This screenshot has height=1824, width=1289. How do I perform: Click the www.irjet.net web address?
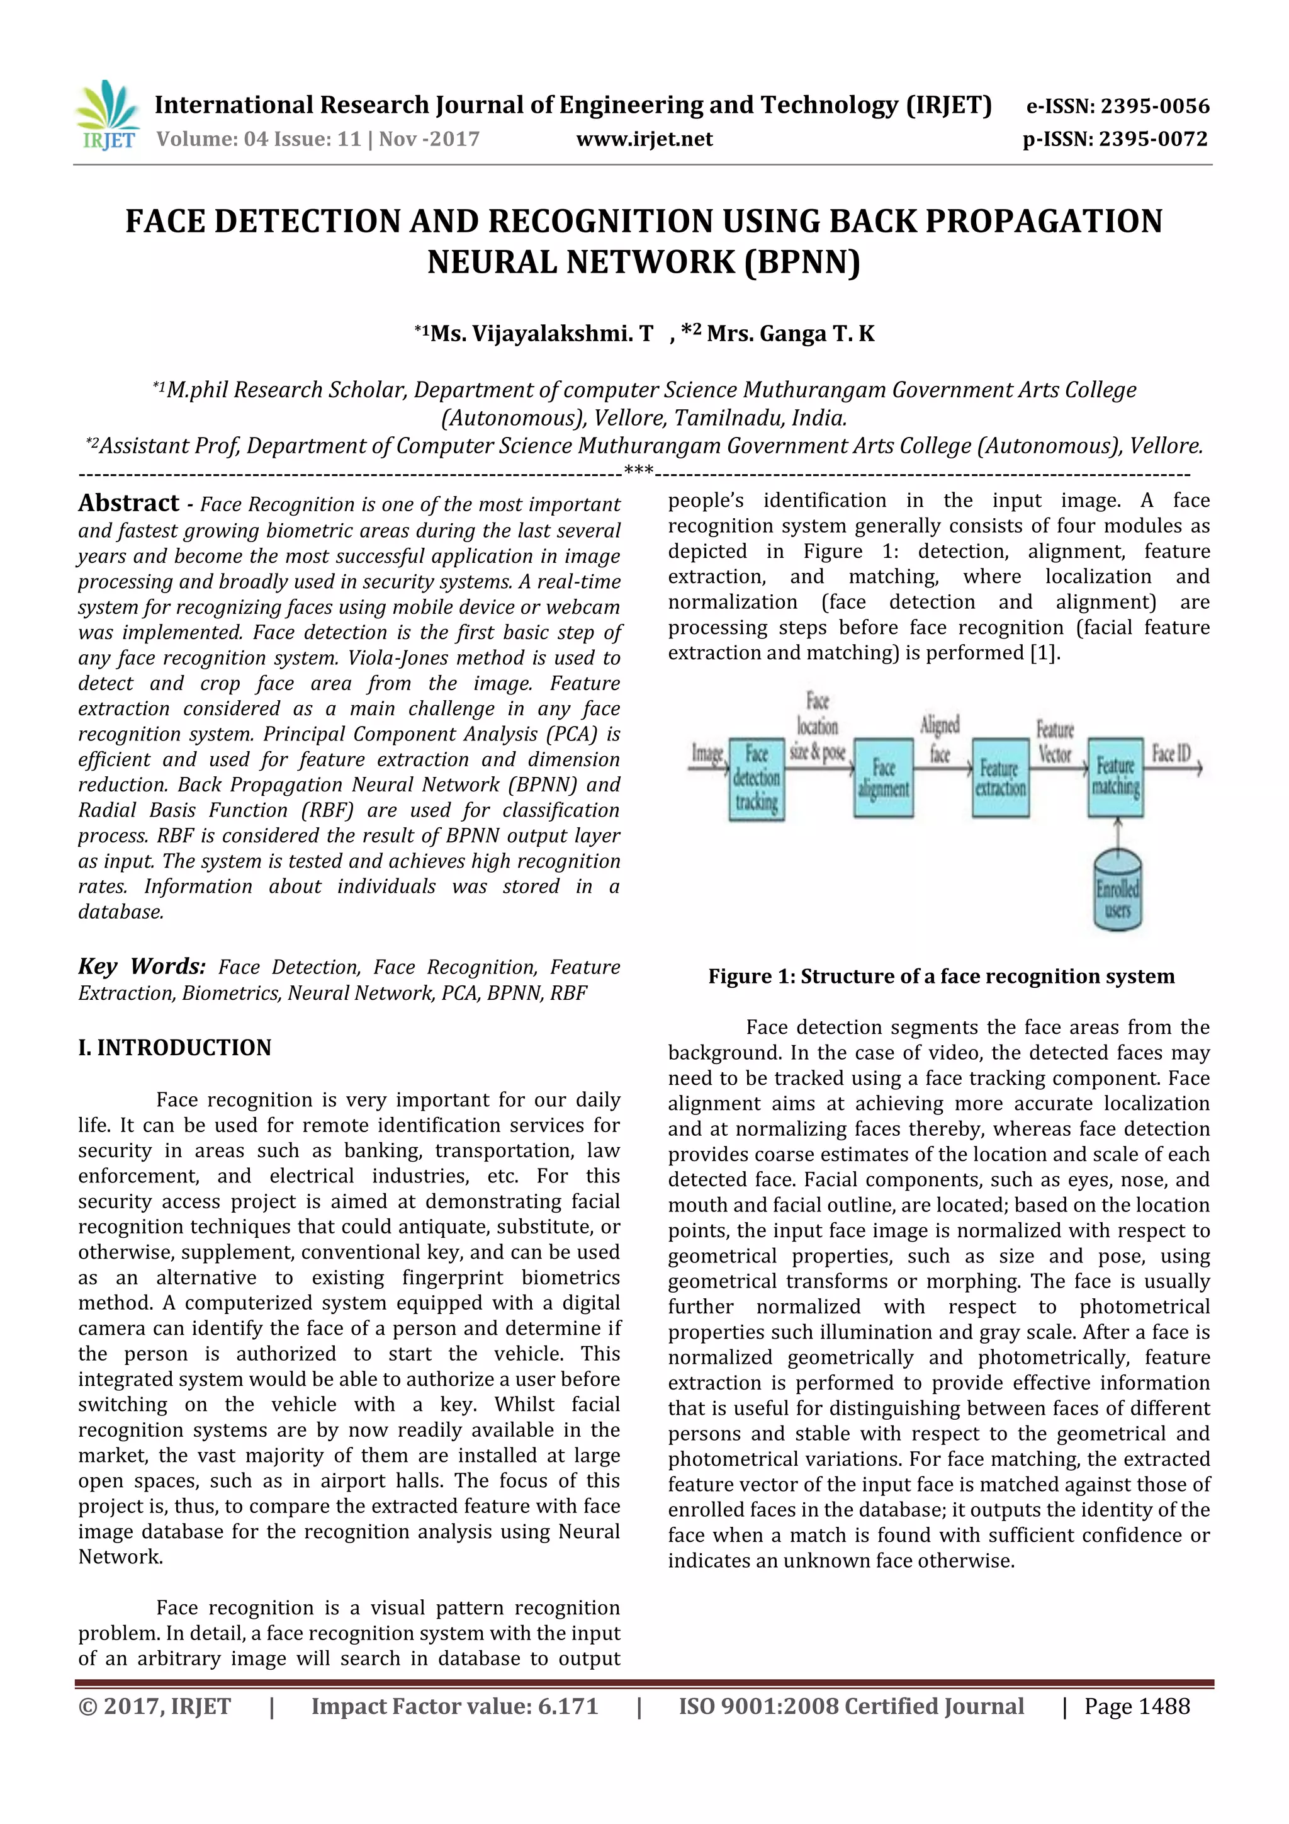pyautogui.click(x=644, y=140)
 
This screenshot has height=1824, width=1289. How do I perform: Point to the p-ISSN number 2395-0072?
pyautogui.click(x=1153, y=140)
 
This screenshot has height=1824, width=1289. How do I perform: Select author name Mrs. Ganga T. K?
pyautogui.click(x=791, y=334)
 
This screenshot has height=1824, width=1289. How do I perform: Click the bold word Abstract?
pyautogui.click(x=128, y=504)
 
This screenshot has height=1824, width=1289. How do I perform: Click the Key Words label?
pyautogui.click(x=142, y=967)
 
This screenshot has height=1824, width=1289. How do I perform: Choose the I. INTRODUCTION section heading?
pyautogui.click(x=175, y=1048)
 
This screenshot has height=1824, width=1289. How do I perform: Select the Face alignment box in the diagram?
pyautogui.click(x=883, y=779)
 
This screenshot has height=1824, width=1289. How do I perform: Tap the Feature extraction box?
pyautogui.click(x=1001, y=779)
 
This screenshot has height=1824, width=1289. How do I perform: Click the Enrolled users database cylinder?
pyautogui.click(x=1117, y=890)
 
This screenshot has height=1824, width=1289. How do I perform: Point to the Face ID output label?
pyautogui.click(x=1171, y=753)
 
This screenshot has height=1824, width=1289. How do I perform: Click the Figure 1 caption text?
pyautogui.click(x=941, y=977)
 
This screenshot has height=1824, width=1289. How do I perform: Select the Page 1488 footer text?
pyautogui.click(x=1137, y=1706)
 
